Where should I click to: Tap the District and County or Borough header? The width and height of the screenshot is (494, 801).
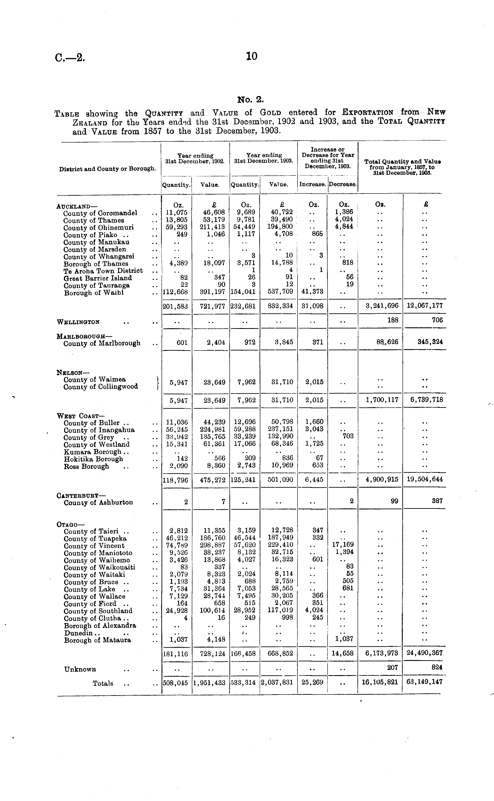(x=107, y=169)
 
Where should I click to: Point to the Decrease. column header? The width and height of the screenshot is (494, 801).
(x=342, y=184)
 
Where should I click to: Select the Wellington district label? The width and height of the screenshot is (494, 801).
(x=78, y=322)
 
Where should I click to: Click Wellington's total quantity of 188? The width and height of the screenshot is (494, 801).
(x=393, y=320)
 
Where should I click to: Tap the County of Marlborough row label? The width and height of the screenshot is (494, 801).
(x=102, y=343)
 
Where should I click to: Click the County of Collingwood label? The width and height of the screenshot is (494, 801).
(x=101, y=387)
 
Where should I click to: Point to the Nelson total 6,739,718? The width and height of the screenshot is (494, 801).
(x=427, y=400)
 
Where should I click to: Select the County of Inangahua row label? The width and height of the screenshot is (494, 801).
(x=99, y=431)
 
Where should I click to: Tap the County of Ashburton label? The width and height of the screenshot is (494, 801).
(x=98, y=503)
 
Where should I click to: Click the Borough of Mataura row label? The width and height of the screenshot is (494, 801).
(x=97, y=640)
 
